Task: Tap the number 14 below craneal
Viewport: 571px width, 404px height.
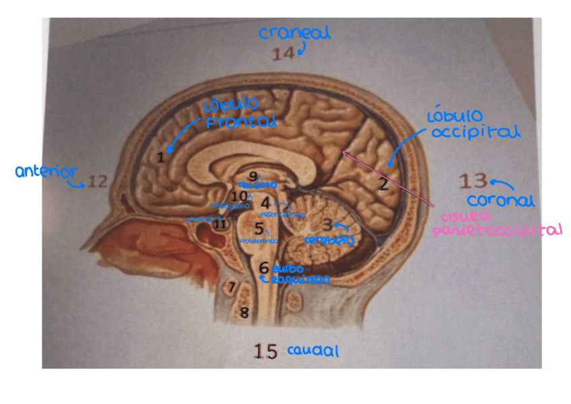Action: [x=283, y=55]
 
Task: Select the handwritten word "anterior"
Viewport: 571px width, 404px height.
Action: [x=46, y=173]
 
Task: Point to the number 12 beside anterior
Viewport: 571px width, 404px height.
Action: [x=97, y=181]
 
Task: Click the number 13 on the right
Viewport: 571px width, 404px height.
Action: [x=473, y=181]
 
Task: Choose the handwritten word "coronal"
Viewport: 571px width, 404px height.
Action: [x=500, y=200]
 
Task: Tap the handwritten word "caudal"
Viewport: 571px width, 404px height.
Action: [x=312, y=351]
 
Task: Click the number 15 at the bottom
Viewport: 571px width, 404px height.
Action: [x=266, y=351]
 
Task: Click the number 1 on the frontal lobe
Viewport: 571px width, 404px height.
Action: [x=160, y=157]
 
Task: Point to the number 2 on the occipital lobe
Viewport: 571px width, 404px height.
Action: [x=383, y=183]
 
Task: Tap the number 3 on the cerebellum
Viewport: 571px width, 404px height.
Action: [x=327, y=225]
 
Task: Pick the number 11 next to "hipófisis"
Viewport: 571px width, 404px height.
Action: [x=220, y=225]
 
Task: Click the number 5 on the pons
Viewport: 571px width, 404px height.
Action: [x=259, y=229]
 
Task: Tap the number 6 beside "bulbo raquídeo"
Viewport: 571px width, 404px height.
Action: [x=265, y=267]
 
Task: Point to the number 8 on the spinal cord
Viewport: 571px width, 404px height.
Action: [x=244, y=312]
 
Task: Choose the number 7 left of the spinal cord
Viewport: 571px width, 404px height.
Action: [x=232, y=287]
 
